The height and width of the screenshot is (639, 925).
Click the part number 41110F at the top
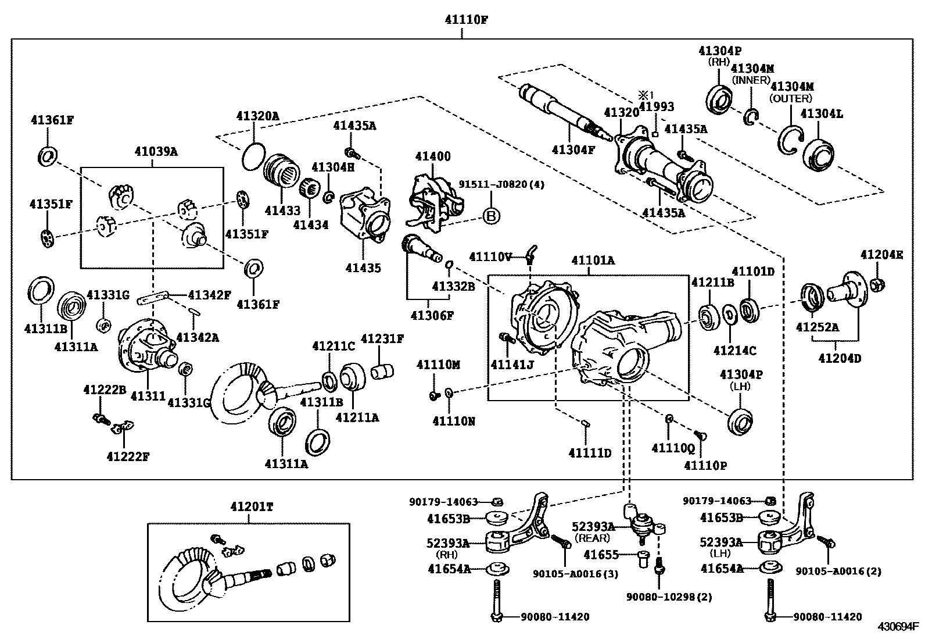466,19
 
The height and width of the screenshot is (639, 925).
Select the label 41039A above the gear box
156,152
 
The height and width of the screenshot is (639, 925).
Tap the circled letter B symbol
491,217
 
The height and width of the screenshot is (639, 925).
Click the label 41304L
822,114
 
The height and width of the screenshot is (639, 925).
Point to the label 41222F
128,456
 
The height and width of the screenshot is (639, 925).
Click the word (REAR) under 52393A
593,538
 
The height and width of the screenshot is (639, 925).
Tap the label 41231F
382,338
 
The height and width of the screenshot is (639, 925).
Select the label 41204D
840,358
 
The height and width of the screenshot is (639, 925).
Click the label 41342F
209,295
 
